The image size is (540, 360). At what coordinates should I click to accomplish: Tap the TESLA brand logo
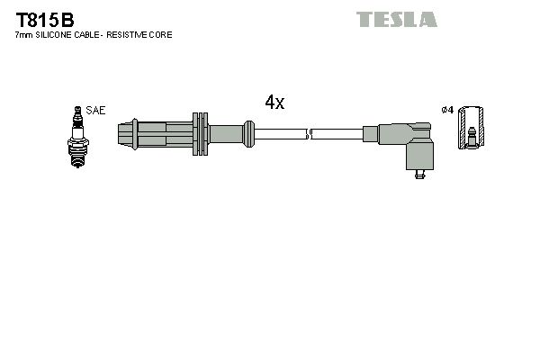tap(396, 19)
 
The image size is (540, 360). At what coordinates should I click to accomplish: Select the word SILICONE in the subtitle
tap(58, 35)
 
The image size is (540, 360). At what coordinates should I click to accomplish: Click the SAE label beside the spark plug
tap(96, 111)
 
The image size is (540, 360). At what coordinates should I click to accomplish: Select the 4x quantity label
tap(274, 103)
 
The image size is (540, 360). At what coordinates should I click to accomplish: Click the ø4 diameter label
tap(446, 111)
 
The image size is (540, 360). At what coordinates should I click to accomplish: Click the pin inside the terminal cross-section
tap(470, 139)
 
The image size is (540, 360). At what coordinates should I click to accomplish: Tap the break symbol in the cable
tap(309, 135)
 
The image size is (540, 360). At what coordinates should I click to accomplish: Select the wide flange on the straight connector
tap(200, 135)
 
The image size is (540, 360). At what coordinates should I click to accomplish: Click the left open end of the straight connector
tap(122, 135)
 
